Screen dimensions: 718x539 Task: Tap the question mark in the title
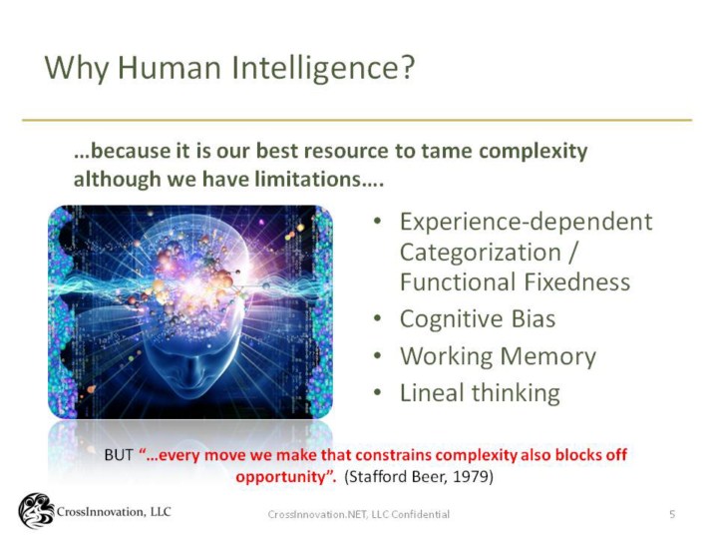(x=405, y=67)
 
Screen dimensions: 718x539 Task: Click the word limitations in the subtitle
(x=308, y=179)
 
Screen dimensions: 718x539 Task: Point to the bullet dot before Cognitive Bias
(x=377, y=318)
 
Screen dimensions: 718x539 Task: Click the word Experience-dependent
(x=527, y=223)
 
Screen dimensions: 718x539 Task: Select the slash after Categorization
(x=572, y=253)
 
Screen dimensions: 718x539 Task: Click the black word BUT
(x=119, y=455)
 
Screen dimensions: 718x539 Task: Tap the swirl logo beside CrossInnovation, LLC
(x=36, y=511)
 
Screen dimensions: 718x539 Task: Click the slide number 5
(x=672, y=514)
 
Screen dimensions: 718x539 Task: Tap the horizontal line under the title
(x=357, y=120)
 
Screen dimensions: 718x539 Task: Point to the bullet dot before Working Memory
(x=377, y=355)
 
